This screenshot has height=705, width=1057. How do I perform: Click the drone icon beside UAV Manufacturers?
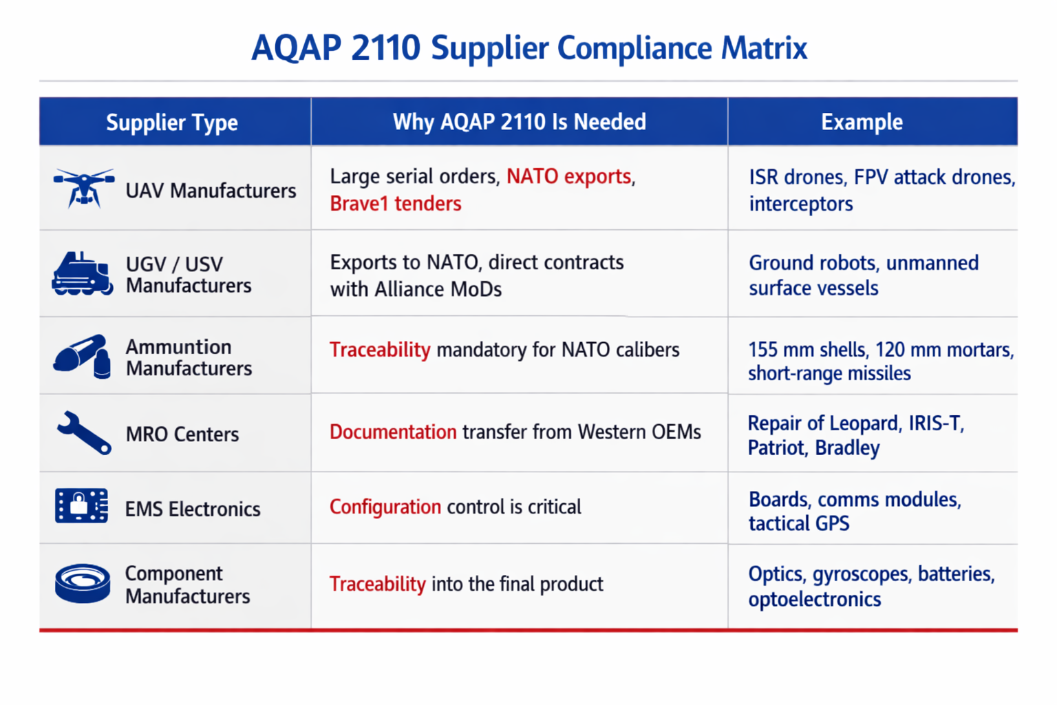point(83,189)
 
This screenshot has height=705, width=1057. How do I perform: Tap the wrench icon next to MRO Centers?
point(84,433)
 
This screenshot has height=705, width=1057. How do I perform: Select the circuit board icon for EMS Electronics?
point(81,505)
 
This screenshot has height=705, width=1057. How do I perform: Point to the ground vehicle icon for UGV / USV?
point(82,274)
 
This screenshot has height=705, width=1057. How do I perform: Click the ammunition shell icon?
point(82,357)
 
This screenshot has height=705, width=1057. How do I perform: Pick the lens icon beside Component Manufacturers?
point(83,583)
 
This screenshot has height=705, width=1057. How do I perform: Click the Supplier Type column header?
point(172,123)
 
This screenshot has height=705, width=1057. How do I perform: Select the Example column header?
point(862,122)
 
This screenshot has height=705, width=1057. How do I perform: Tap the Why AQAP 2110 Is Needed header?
point(520,122)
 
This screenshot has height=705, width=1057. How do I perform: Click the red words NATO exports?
point(568,176)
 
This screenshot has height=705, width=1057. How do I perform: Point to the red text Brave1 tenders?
point(396,204)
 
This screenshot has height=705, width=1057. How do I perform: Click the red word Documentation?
point(393,432)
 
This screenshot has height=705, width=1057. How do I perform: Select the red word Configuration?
point(385,507)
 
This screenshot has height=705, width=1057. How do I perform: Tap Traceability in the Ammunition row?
point(380,350)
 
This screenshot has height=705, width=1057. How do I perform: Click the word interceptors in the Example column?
point(801,204)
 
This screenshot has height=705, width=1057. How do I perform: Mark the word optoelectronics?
point(815,599)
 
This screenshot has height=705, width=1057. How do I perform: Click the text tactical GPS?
point(799,523)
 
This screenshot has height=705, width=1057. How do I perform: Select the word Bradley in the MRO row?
point(847,448)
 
